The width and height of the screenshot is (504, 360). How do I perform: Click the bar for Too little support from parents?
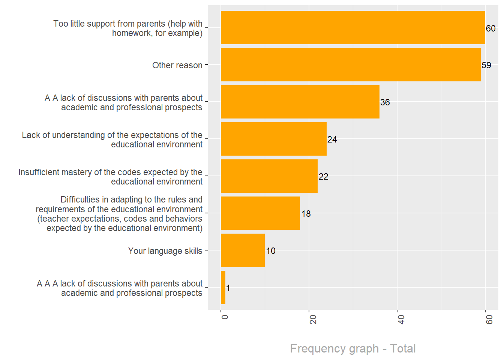point(352,27)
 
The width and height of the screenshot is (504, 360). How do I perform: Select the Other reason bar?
point(351,64)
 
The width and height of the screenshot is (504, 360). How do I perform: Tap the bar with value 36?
point(300,102)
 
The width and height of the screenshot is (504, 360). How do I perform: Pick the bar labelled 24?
point(274,139)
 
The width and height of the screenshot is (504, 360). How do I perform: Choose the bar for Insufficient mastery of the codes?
point(269,176)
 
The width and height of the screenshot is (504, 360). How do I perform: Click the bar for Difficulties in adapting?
point(260,213)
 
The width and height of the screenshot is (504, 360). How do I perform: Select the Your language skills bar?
point(243,250)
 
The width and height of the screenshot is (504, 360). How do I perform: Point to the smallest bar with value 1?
point(223,287)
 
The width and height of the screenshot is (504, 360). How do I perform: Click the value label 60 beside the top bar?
point(490,28)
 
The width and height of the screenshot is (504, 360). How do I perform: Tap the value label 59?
point(486,65)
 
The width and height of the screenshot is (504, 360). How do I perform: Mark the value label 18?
point(306,214)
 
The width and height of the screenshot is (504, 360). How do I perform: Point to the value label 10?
point(271,251)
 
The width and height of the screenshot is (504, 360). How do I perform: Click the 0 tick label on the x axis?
point(225,317)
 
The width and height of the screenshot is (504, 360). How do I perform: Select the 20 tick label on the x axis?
point(313,319)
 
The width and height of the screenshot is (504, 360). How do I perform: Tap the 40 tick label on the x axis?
point(401,319)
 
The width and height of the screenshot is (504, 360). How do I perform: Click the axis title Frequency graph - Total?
point(352,348)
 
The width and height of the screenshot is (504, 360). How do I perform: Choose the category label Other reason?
point(177,65)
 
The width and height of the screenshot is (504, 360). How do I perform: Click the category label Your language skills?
point(165,251)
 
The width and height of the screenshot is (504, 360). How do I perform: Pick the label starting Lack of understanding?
point(112,139)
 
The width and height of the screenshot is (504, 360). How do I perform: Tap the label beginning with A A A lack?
point(119,288)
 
